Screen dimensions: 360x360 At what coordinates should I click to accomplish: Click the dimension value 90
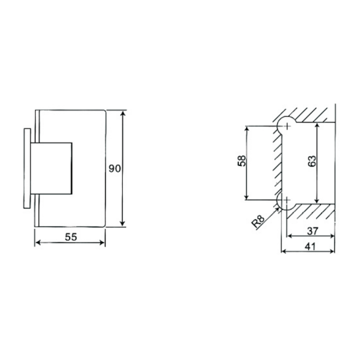tap(115, 168)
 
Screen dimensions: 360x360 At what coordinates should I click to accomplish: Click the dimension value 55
tap(71, 237)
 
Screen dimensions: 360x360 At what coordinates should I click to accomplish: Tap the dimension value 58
tap(242, 161)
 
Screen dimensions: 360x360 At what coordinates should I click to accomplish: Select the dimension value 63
tap(312, 161)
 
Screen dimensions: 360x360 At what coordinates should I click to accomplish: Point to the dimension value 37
tap(312, 231)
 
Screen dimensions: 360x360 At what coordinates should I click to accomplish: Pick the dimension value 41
tap(310, 247)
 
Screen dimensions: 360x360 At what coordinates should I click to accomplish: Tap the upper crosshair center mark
tap(287, 126)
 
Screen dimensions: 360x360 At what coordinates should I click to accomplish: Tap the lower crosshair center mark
tap(286, 200)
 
